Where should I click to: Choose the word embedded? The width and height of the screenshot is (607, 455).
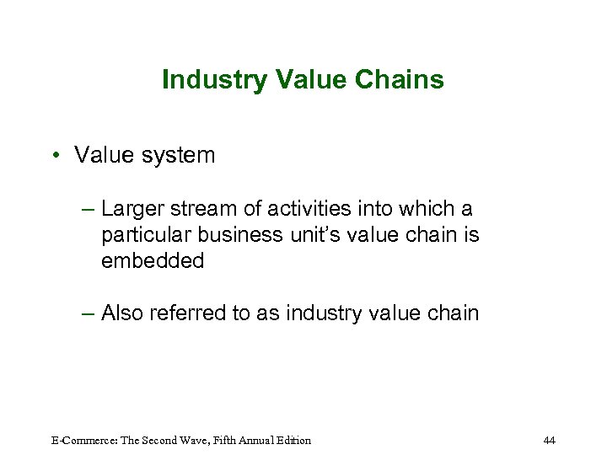click(x=153, y=261)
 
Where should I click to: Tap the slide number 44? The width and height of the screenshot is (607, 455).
click(x=550, y=440)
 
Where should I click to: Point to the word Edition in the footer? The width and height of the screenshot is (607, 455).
click(x=292, y=440)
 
